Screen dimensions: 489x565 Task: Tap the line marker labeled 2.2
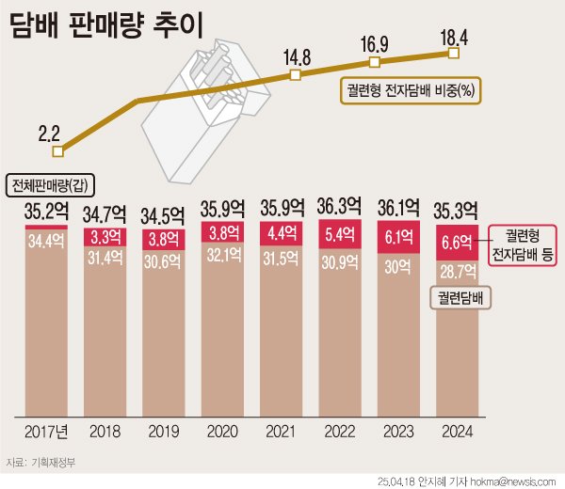click(x=58, y=150)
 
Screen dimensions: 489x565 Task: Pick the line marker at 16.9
click(x=375, y=62)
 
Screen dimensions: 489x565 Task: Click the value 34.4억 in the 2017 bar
click(x=45, y=242)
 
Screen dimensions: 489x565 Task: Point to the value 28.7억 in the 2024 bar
click(x=457, y=273)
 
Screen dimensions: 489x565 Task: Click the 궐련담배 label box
click(x=463, y=298)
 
